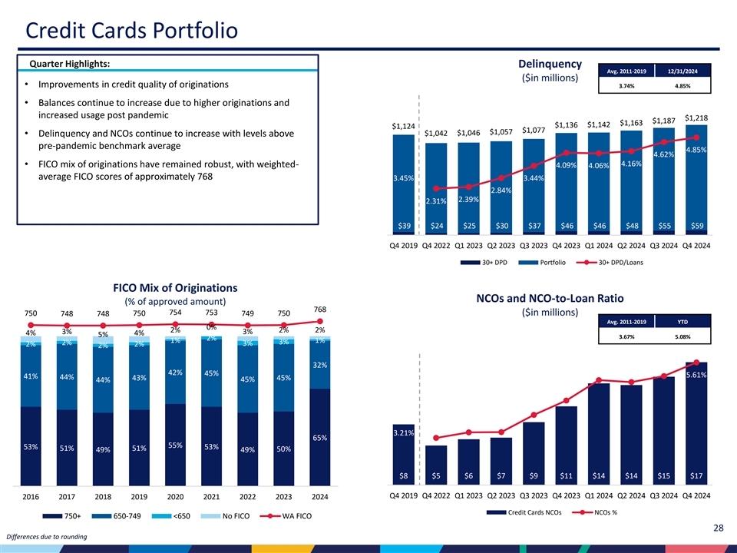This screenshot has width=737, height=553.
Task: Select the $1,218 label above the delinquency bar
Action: click(696, 118)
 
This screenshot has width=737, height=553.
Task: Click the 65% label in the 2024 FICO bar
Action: click(319, 438)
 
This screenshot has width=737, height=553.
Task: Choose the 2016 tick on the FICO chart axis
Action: click(31, 497)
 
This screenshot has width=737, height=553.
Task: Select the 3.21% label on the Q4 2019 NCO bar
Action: click(404, 433)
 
